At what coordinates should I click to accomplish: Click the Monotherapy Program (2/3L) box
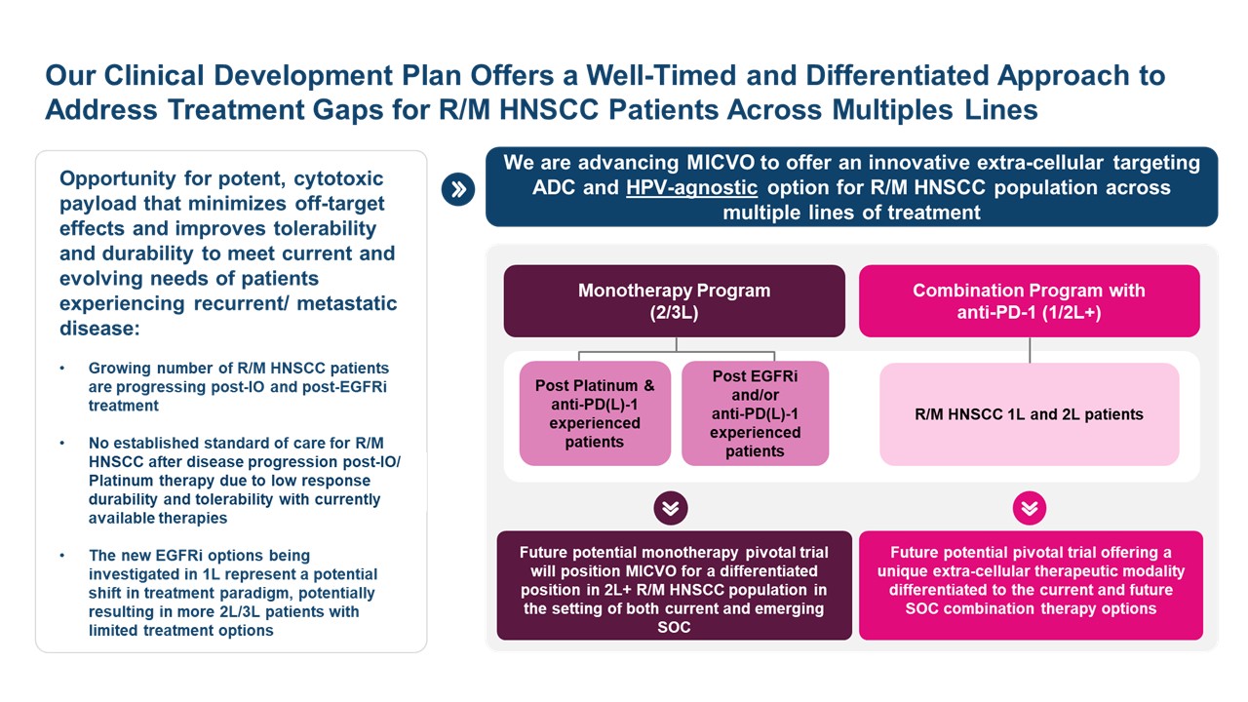coord(674,301)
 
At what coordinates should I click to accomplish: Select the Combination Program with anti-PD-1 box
coord(1029,301)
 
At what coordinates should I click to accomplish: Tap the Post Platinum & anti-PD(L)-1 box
coord(595,413)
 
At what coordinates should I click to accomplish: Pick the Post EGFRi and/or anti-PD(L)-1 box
coord(755,413)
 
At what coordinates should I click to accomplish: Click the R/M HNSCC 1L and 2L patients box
coord(1029,414)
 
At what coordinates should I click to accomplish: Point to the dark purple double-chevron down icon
coord(671,507)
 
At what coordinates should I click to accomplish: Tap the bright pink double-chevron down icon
coord(1030,507)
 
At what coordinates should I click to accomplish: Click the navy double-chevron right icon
coord(457,189)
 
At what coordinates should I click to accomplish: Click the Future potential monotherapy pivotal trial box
coord(674,585)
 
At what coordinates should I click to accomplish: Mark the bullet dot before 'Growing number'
coord(62,370)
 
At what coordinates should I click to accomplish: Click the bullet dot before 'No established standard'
coord(62,445)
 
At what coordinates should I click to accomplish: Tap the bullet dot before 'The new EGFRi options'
coord(62,557)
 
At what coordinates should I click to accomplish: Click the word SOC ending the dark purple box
coord(674,627)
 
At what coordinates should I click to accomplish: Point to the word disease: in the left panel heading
coord(99,329)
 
